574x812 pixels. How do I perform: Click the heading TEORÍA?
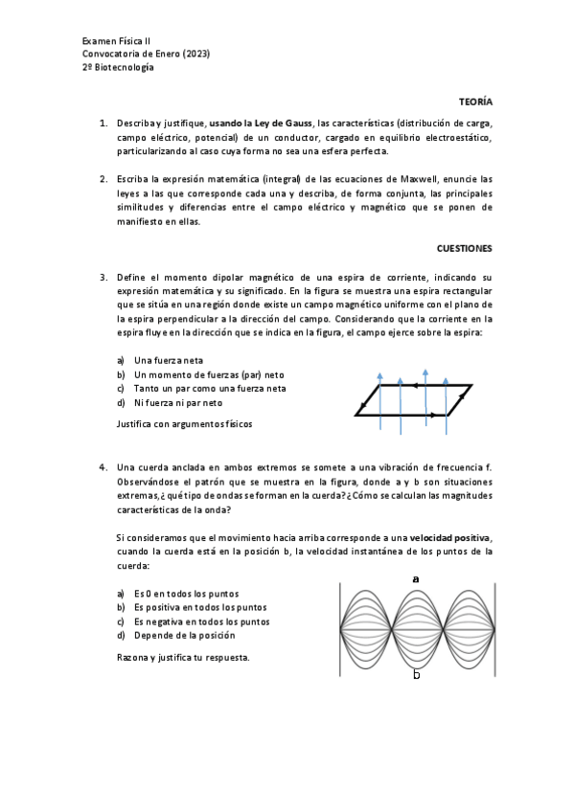pos(476,101)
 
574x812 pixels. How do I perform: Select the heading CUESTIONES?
pos(464,248)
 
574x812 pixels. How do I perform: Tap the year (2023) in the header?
pos(195,54)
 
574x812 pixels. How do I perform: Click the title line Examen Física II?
pos(116,41)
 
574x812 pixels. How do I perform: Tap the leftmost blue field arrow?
pos(379,393)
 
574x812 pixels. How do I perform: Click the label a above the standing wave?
pos(416,579)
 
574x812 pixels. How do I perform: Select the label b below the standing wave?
pos(416,674)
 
